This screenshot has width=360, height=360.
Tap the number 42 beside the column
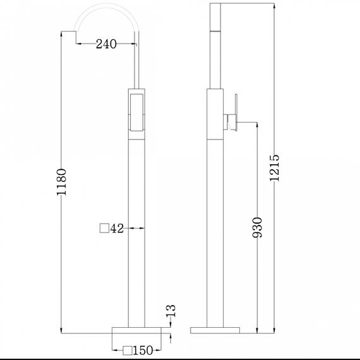point(116,229)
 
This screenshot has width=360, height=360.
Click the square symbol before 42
point(104,229)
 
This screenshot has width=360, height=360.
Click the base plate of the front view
point(136,332)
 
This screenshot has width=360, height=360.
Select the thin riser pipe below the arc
point(136,63)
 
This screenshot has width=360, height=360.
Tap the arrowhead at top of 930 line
point(257,125)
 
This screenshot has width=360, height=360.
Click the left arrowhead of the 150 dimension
point(114,350)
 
